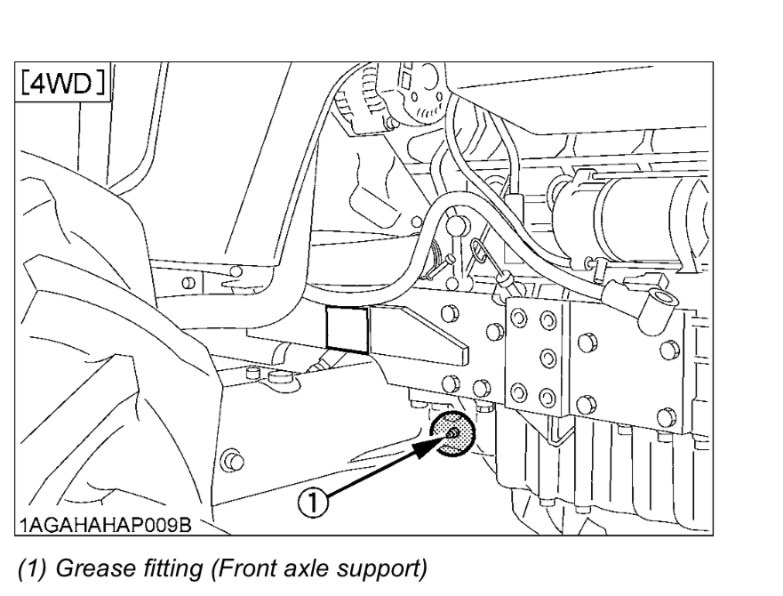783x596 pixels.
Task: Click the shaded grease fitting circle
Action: point(452,433)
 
